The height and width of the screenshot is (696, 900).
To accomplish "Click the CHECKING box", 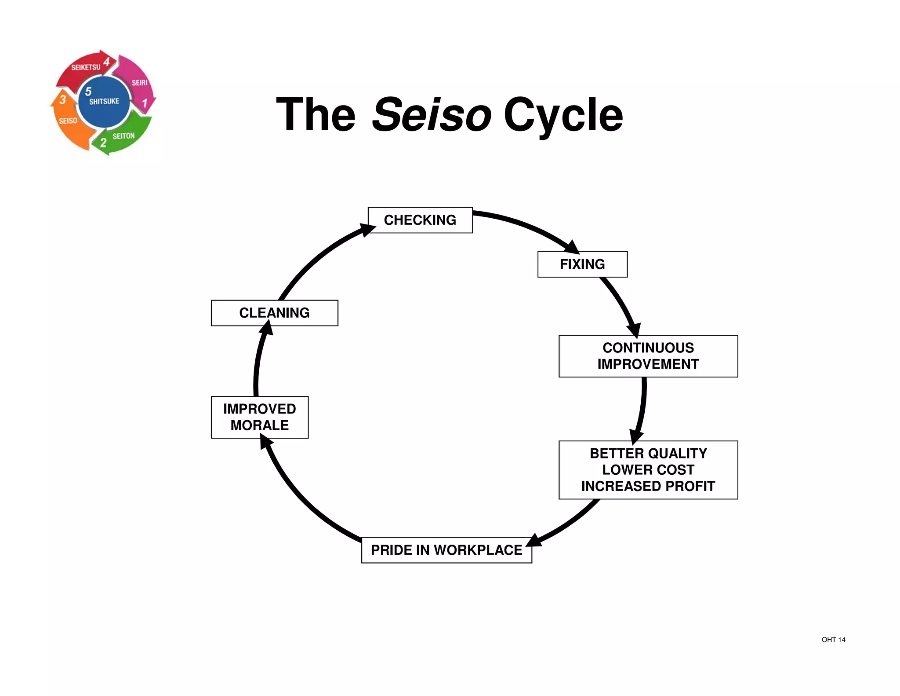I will click(420, 220).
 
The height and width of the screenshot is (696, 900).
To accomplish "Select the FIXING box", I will click(582, 264).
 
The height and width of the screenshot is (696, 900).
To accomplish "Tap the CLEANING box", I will click(274, 313).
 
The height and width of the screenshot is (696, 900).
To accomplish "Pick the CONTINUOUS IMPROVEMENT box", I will click(648, 356).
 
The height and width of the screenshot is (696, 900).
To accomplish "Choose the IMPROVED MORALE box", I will click(259, 417).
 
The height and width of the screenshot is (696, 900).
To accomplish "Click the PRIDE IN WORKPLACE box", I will click(446, 550).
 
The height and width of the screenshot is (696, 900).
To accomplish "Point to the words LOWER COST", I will click(648, 470).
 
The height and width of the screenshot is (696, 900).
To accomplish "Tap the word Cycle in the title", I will click(563, 115).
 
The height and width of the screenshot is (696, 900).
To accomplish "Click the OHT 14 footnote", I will click(833, 640).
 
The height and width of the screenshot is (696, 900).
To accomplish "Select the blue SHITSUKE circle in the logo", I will click(104, 102).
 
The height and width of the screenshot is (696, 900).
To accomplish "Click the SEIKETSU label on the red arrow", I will click(86, 67).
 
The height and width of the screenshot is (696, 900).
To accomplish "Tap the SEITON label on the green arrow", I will click(123, 136).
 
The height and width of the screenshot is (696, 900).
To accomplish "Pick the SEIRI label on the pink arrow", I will click(139, 83).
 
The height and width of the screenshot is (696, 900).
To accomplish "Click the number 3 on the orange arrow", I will click(62, 100).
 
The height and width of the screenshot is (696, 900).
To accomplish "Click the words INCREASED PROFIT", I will click(648, 486).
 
